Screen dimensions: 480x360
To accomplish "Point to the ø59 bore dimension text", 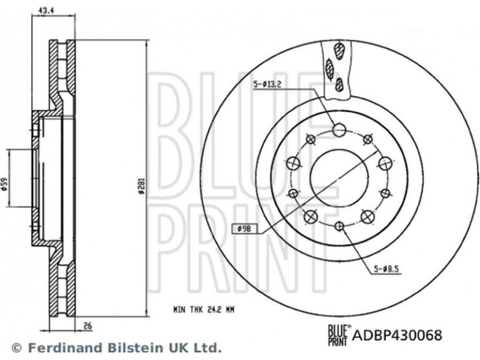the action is [4, 186].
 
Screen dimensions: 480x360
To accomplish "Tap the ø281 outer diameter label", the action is [141, 186].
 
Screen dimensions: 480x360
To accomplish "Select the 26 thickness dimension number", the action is [88, 326].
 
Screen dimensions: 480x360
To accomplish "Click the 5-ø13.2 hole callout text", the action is [267, 85].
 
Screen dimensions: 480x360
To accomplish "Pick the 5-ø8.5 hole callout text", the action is [386, 269].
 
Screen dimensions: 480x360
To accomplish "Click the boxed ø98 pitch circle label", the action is [244, 229].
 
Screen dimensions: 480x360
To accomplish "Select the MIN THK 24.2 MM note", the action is [203, 310].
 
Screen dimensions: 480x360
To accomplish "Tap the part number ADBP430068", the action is [397, 335].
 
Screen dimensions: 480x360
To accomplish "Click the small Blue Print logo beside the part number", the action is [338, 335].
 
